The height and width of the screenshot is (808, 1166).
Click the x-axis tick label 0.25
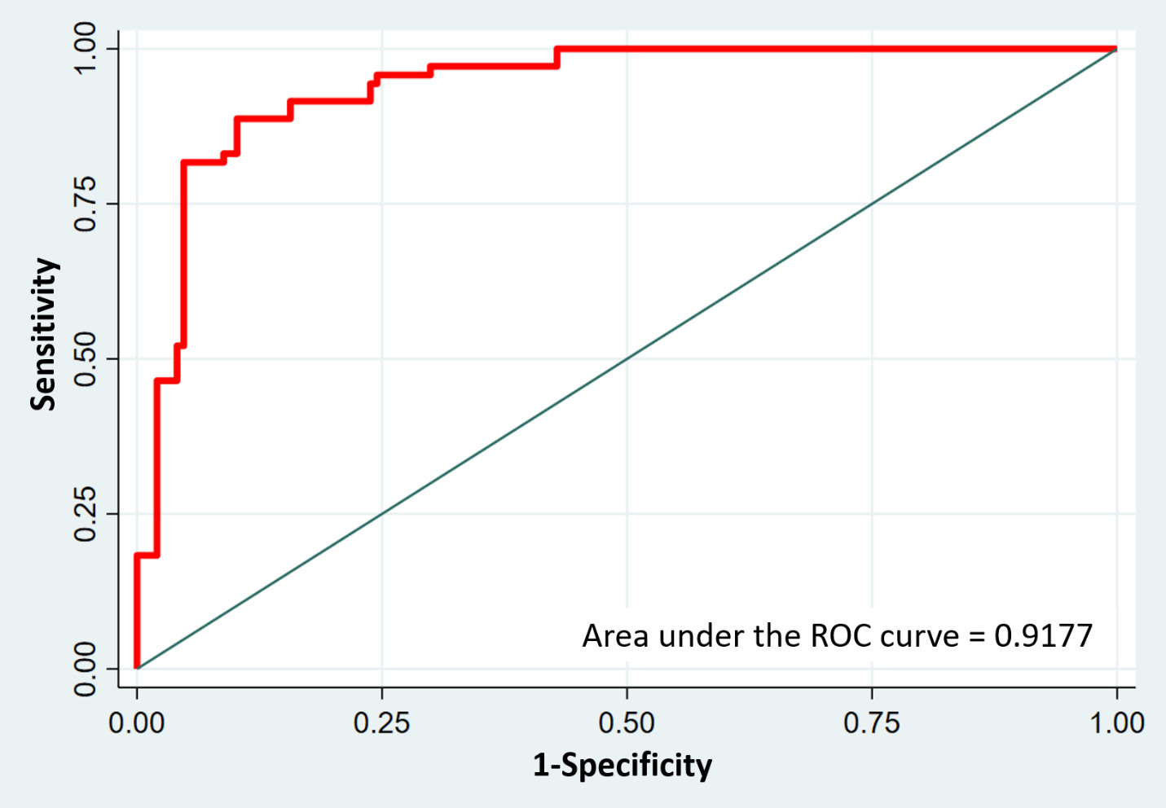click(x=381, y=722)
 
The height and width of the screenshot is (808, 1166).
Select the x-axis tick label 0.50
click(x=627, y=722)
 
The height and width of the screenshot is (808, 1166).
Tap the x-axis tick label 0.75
click(x=872, y=722)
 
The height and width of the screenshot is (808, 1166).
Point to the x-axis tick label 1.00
click(x=1117, y=722)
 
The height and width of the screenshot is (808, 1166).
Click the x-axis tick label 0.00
click(x=137, y=722)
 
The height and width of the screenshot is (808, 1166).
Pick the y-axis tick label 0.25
click(x=86, y=514)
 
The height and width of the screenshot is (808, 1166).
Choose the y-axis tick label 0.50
click(x=86, y=359)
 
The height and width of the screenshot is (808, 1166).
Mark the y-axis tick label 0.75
click(x=86, y=204)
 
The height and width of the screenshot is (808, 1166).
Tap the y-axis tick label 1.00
click(x=86, y=49)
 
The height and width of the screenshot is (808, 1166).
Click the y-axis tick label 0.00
click(x=86, y=669)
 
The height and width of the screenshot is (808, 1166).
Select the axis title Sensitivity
click(x=44, y=334)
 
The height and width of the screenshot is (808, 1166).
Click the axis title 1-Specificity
click(x=623, y=766)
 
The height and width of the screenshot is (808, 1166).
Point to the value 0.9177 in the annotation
click(x=1043, y=636)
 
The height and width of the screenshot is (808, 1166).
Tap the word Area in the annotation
click(x=617, y=636)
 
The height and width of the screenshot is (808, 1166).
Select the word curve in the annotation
click(x=919, y=636)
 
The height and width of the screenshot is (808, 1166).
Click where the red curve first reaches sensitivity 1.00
click(x=557, y=50)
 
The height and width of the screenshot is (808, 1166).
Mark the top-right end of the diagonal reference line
click(x=1116, y=50)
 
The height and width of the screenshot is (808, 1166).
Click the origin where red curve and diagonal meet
click(x=137, y=668)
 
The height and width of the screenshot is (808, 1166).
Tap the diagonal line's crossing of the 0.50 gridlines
click(x=627, y=359)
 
